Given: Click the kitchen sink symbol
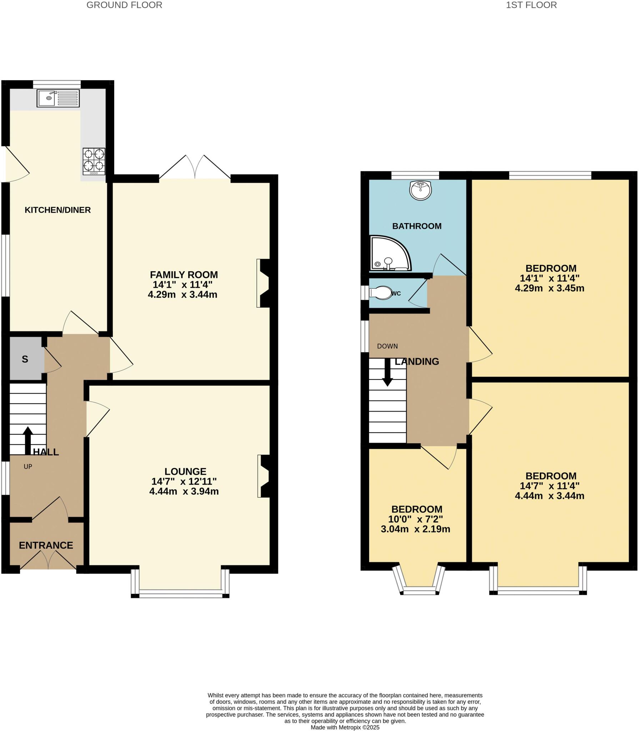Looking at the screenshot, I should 58,98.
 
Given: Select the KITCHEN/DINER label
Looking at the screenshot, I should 57,210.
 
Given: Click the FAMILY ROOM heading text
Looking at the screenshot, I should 183,274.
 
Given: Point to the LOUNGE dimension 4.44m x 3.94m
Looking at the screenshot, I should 183,491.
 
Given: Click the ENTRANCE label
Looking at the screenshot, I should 46,545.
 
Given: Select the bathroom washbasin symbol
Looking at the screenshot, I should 421,190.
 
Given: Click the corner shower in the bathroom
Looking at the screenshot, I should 389,253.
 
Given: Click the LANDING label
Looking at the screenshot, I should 417,362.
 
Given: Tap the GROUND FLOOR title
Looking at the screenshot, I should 124,5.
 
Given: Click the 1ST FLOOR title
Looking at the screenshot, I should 531,5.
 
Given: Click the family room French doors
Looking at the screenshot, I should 195,168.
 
